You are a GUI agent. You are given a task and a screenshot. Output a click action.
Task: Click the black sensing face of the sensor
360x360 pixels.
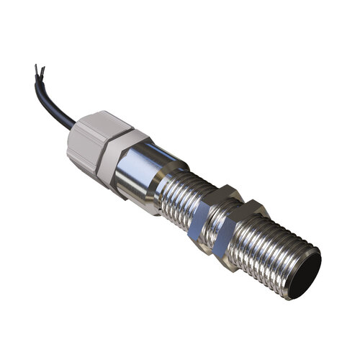coord(303,275)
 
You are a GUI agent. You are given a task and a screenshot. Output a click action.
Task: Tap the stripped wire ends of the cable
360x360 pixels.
coord(39,71)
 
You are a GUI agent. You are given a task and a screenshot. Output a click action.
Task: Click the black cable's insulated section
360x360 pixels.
coord(58,104)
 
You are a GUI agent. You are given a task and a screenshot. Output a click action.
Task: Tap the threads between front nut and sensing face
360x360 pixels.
coord(274,248)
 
